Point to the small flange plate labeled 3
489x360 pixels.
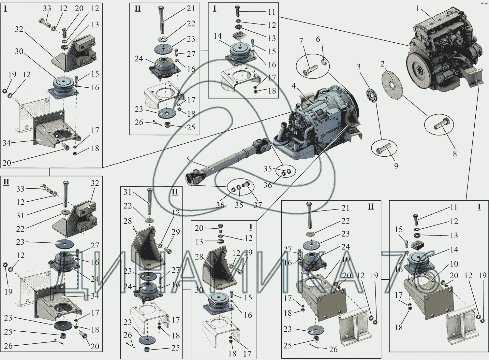[x=372, y=95]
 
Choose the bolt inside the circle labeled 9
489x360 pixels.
[x=383, y=150]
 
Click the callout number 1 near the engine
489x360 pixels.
[x=418, y=8]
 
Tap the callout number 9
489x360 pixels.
[x=396, y=166]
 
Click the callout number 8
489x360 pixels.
[x=455, y=153]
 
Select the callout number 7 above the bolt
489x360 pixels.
[x=301, y=41]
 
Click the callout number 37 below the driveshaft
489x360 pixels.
[x=258, y=205]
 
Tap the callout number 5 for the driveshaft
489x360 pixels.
[x=188, y=160]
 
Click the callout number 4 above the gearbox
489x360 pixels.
[x=294, y=86]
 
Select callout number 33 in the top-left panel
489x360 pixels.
[x=47, y=8]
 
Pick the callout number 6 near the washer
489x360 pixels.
[x=318, y=39]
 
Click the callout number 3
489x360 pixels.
[x=359, y=67]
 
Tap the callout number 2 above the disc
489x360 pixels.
[x=382, y=64]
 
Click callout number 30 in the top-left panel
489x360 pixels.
[x=19, y=51]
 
